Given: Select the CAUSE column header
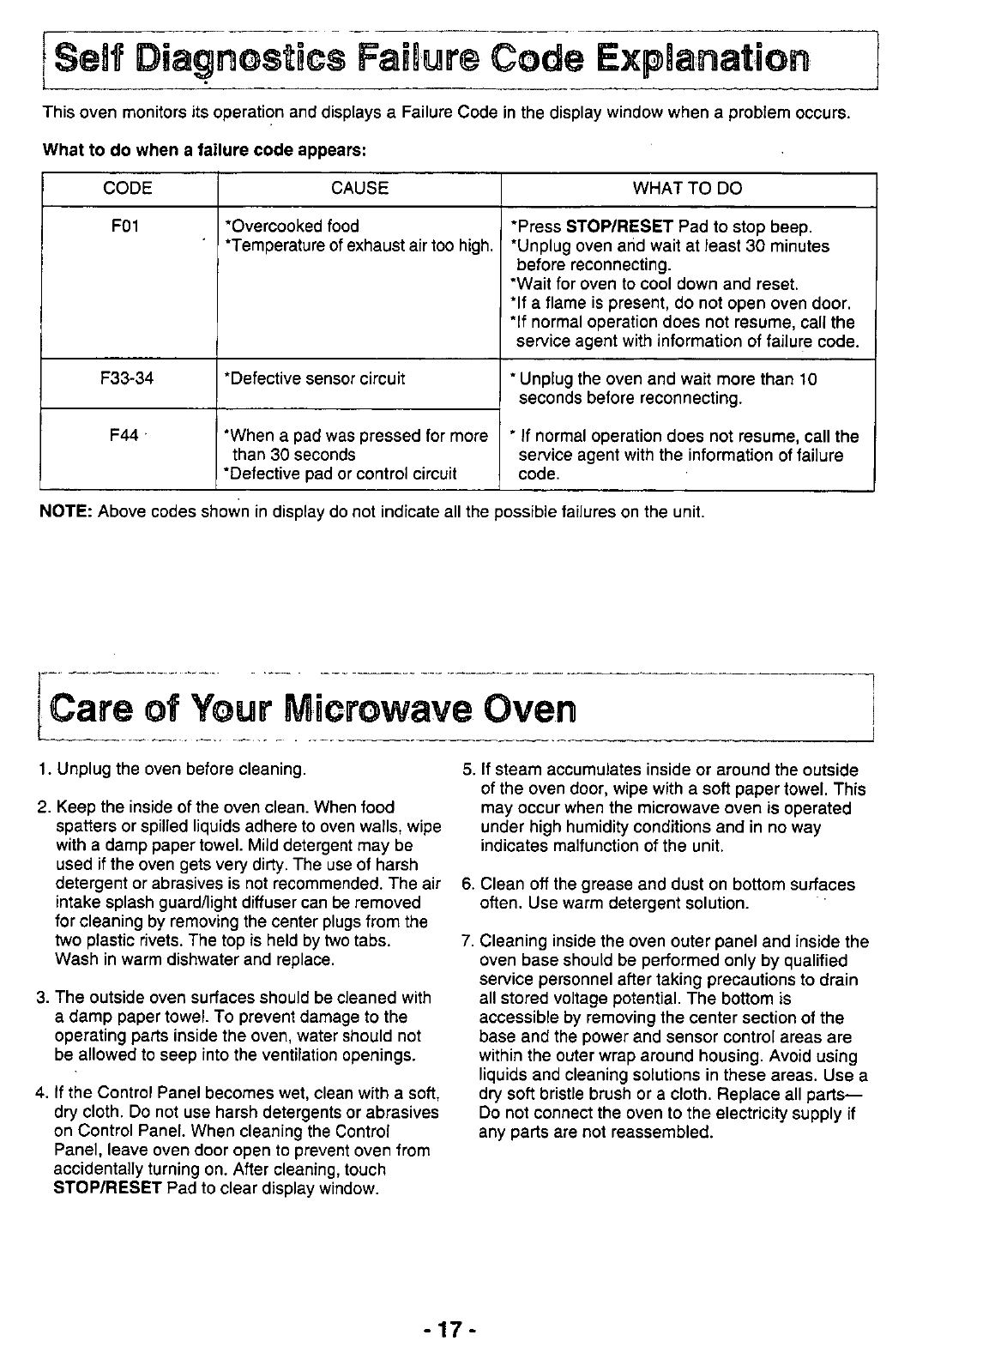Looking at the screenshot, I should click(359, 188).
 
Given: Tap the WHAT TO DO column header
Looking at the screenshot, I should click(687, 188).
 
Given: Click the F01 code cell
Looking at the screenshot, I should click(127, 227).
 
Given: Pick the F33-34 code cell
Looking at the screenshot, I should click(127, 378).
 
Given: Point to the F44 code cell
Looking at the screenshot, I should click(125, 436).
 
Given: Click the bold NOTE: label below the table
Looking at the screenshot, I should click(67, 512).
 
